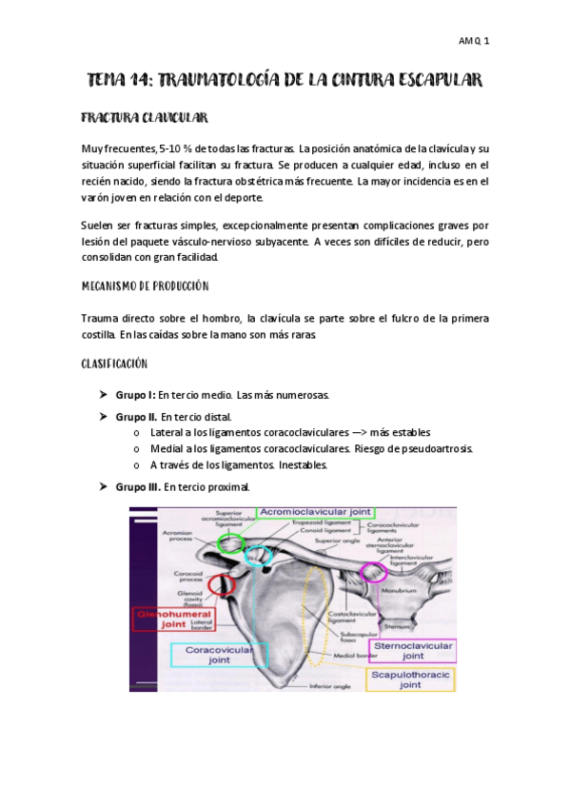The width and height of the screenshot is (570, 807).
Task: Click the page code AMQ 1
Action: [474, 41]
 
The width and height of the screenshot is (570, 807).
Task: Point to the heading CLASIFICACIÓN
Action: [112, 364]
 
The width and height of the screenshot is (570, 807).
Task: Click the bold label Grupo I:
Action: [135, 394]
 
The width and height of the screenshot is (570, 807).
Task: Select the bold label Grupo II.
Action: [136, 416]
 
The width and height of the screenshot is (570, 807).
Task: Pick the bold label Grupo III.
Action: [138, 487]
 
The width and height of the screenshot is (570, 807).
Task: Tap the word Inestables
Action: [303, 465]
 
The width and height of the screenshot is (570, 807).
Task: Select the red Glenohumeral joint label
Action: [173, 620]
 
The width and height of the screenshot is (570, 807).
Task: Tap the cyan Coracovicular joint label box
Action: [219, 656]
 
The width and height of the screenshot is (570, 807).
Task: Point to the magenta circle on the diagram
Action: [374, 572]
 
